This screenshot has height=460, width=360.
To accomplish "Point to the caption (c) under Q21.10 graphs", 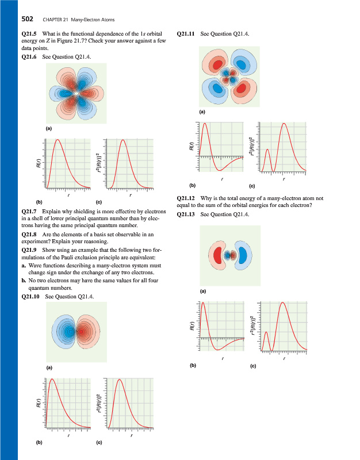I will [x=99, y=443].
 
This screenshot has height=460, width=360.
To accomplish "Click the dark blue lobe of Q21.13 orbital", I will [x=243, y=255].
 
